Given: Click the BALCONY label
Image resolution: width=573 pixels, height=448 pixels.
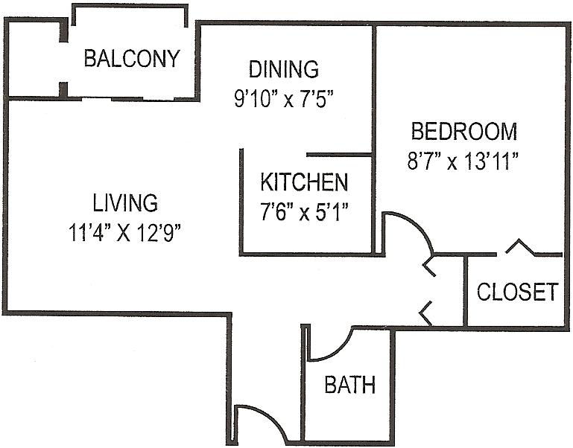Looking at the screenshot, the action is pos(132,59).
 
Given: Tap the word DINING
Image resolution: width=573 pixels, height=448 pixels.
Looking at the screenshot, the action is pos(284,69).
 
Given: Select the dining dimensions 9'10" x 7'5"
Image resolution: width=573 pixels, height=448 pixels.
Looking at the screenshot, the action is pos(284,98).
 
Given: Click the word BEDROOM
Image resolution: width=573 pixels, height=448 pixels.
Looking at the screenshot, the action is pos(464,132).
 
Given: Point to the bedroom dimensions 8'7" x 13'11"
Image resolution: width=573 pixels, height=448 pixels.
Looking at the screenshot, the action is pos(463,161).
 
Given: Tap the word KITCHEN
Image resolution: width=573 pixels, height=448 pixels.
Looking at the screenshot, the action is pos(304,182).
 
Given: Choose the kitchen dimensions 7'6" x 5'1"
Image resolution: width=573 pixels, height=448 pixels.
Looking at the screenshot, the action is pos(304,212).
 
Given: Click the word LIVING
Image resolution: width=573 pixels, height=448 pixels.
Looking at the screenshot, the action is pos(125,203).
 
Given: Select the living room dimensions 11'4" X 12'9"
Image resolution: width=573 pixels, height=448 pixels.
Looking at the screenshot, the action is pos(125,233).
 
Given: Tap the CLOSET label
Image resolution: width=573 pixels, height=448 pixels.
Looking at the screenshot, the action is pos(518,292).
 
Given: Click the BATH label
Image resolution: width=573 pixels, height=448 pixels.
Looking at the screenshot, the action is pos(350,385).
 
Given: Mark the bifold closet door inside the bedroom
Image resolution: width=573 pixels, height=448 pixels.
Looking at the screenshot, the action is pos(520,246).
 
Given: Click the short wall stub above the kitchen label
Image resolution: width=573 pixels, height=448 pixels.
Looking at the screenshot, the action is pos(339,155).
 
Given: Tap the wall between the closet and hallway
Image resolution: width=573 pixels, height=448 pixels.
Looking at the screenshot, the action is pos(466,291).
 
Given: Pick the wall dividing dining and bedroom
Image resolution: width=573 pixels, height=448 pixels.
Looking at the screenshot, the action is pos(374,138).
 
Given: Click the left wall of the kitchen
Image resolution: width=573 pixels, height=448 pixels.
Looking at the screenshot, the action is pos(241,202).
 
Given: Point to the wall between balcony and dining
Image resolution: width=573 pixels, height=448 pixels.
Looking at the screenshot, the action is pos(197,60).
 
